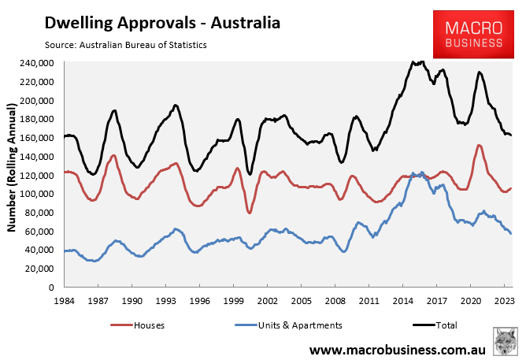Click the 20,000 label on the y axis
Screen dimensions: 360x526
click(39, 269)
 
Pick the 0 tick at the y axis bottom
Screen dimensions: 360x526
click(50, 288)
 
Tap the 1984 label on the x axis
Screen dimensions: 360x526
click(64, 301)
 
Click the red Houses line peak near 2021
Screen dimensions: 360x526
click(479, 146)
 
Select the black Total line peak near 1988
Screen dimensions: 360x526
click(115, 111)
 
